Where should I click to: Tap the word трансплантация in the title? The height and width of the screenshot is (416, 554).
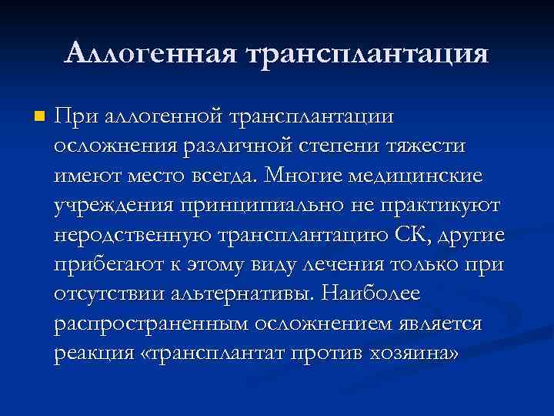[365, 54]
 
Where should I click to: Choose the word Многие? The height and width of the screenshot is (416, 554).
[305, 176]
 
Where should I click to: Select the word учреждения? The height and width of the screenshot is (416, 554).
[112, 205]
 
